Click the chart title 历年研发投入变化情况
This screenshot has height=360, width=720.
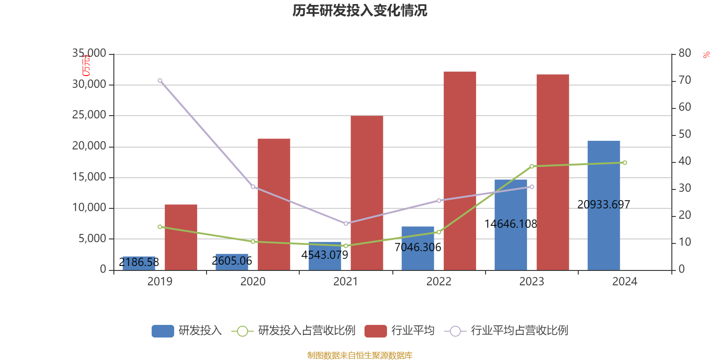[360, 10]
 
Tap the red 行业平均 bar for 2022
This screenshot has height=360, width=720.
[459, 171]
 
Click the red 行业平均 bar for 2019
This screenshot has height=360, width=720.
[181, 237]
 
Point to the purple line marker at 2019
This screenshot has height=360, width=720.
[160, 81]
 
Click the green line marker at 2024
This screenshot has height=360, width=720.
[625, 162]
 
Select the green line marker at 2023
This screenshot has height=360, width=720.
[531, 166]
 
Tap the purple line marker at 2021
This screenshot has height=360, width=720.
[346, 224]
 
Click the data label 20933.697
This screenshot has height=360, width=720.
[603, 204]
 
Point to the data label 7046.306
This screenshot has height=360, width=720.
[418, 247]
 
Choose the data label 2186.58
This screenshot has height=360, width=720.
[139, 262]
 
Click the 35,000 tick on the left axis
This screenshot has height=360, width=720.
[89, 54]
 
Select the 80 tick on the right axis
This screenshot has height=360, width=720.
[684, 53]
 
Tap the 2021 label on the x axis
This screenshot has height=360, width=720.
[346, 282]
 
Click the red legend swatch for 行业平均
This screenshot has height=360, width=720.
[375, 331]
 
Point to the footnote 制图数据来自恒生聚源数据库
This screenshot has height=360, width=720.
[360, 355]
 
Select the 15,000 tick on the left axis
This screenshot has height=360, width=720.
[89, 177]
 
